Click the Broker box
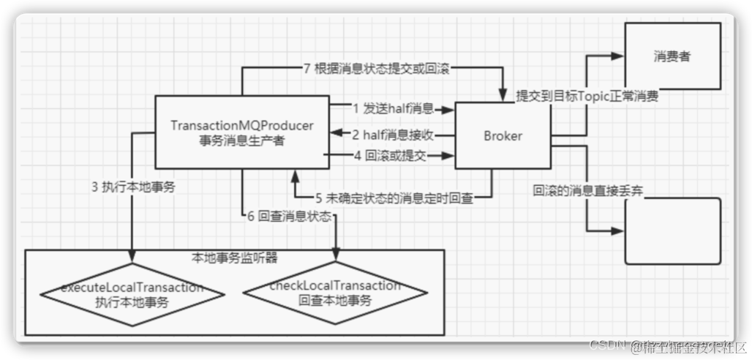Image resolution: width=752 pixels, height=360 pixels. pyautogui.click(x=503, y=136)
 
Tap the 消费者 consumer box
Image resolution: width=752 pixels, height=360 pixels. pyautogui.click(x=672, y=56)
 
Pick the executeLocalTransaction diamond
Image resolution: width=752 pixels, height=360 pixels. pyautogui.click(x=132, y=293)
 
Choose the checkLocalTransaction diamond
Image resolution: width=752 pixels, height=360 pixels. pyautogui.click(x=335, y=293)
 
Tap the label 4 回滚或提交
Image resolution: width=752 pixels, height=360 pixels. pyautogui.click(x=390, y=155)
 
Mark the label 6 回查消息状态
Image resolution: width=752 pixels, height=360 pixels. pyautogui.click(x=289, y=217)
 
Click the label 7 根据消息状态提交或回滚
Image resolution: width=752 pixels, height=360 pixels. pyautogui.click(x=375, y=70)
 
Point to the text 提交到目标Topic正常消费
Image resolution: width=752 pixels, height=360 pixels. pyautogui.click(x=587, y=96)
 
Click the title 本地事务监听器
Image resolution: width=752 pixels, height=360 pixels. pyautogui.click(x=234, y=258)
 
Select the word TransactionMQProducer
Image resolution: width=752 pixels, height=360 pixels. pyautogui.click(x=241, y=126)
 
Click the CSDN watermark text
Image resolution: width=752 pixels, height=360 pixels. pyautogui.click(x=605, y=345)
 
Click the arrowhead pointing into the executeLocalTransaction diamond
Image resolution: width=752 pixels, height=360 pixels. pyautogui.click(x=132, y=258)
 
